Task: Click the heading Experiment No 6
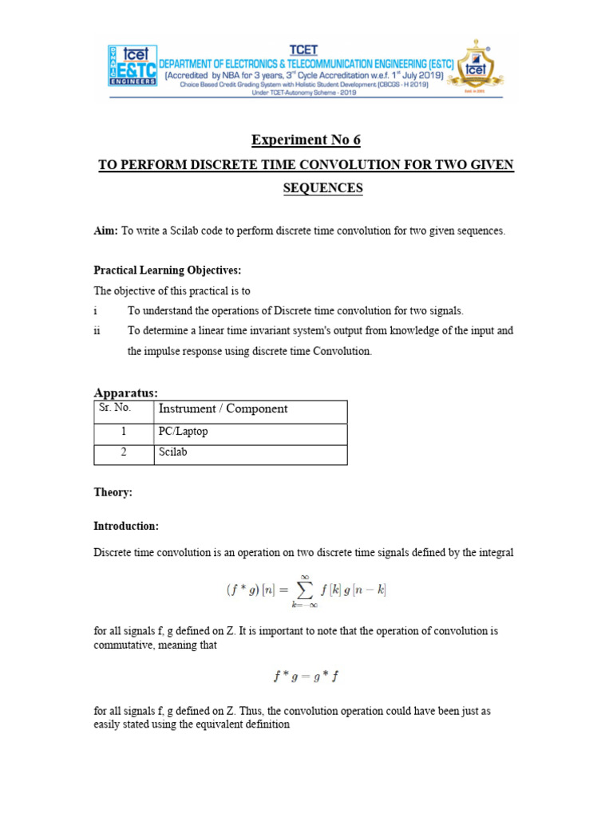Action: tap(306, 140)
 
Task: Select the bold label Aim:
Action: tap(105, 231)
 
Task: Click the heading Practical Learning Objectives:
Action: tap(167, 270)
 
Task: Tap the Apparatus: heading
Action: tap(126, 393)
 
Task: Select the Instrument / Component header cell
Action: tap(223, 408)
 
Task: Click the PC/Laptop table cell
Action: tap(183, 432)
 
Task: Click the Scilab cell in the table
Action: tap(172, 452)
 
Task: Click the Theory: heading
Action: tap(113, 492)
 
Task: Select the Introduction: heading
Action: tap(126, 526)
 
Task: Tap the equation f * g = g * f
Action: tap(306, 677)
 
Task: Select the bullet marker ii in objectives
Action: tap(97, 330)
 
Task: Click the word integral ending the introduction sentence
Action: tap(496, 552)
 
